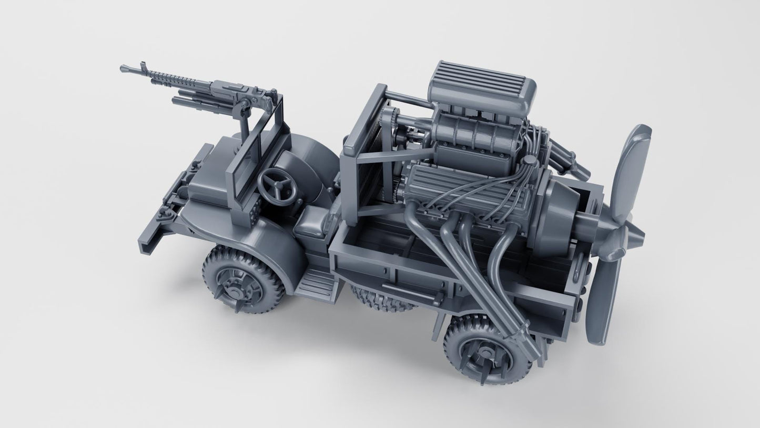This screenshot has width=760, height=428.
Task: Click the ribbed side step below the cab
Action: (315, 282)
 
